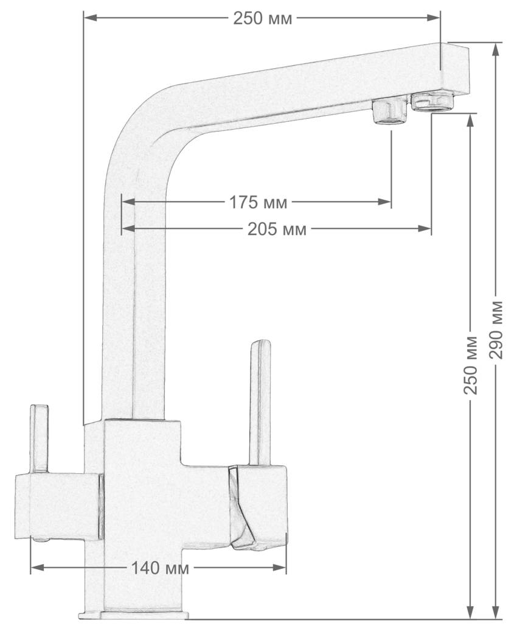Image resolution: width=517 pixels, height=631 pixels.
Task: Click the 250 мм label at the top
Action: pyautogui.click(x=263, y=18)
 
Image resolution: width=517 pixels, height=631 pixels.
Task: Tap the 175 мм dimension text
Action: pyautogui.click(x=258, y=202)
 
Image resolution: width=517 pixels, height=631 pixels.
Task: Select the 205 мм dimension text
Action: pyautogui.click(x=277, y=229)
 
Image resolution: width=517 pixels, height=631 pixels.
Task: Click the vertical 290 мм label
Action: pyautogui.click(x=498, y=329)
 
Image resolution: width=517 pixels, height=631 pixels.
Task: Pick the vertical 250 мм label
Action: pyautogui.click(x=471, y=365)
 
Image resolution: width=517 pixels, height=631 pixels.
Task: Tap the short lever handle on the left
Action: pyautogui.click(x=40, y=439)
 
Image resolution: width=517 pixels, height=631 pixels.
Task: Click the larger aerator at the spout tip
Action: pyautogui.click(x=432, y=101)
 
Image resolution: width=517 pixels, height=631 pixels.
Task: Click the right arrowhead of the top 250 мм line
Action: pyautogui.click(x=434, y=18)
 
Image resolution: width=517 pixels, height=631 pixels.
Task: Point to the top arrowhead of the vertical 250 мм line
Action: pyautogui.click(x=470, y=121)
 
